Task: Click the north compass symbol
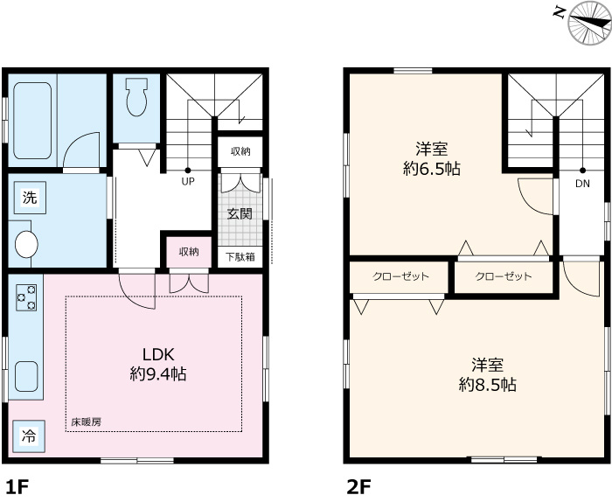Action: (x=590, y=23)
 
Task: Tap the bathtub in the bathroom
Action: (x=33, y=121)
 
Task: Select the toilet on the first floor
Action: (x=136, y=97)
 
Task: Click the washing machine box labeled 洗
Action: (x=30, y=198)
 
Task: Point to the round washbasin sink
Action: (x=26, y=244)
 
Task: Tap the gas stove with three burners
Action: (x=26, y=298)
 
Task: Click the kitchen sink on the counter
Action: (x=27, y=377)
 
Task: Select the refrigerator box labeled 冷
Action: (x=29, y=436)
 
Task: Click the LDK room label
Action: (x=158, y=354)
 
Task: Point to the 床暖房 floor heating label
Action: (x=87, y=422)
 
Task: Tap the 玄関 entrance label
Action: (x=240, y=213)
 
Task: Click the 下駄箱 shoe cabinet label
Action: (x=240, y=257)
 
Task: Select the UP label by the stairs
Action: (x=188, y=182)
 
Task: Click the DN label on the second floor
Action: (x=583, y=184)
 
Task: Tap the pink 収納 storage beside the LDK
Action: (x=190, y=252)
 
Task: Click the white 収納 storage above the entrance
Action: (x=240, y=151)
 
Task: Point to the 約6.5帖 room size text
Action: (x=432, y=169)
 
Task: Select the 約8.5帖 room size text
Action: (x=488, y=385)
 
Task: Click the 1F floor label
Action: (x=18, y=487)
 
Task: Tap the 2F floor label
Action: (x=358, y=487)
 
